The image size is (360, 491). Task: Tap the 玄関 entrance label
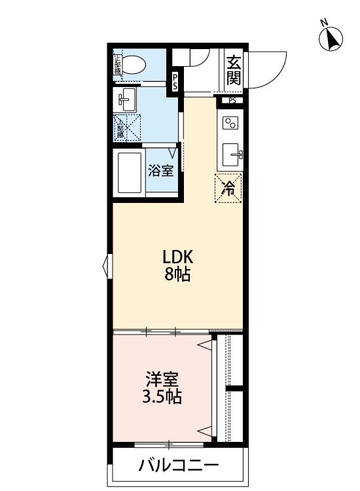(x=234, y=70)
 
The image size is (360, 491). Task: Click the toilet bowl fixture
(x=135, y=64)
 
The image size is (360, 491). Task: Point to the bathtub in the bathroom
(x=130, y=172)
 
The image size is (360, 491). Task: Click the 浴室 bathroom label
(x=161, y=172)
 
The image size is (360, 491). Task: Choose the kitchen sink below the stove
(x=232, y=155)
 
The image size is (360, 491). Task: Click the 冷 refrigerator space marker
(x=229, y=189)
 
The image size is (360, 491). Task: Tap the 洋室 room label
(x=162, y=379)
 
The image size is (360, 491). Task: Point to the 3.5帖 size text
(x=162, y=397)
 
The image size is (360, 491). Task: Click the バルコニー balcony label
(x=178, y=467)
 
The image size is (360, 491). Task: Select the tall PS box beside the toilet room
(x=176, y=81)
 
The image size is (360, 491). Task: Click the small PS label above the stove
(x=232, y=101)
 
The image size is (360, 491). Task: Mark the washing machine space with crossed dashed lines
(x=128, y=126)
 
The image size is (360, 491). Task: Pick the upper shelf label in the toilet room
(x=118, y=64)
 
